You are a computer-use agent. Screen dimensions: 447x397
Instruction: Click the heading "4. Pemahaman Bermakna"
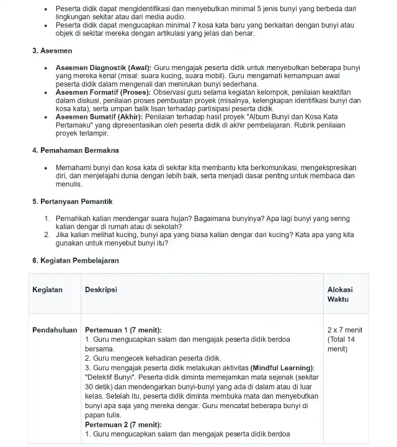coord(75,150)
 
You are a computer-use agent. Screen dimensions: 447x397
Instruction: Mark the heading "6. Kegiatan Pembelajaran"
coord(75,261)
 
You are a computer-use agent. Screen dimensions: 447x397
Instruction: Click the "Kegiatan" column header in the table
coord(47,290)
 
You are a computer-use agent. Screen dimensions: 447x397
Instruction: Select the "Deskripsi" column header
coord(100,290)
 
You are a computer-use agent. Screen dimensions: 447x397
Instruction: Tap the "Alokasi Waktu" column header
coord(340,294)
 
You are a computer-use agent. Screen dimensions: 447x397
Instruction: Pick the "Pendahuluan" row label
coord(54,330)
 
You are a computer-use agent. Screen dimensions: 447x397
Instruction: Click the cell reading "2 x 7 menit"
coord(345,330)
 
